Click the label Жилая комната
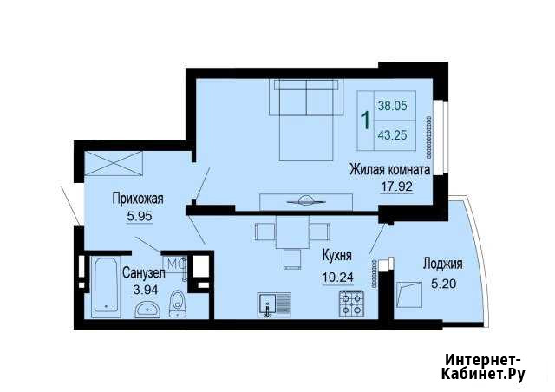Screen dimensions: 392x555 point(390,169)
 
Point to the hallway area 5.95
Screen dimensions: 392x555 point(139,215)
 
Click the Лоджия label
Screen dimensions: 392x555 point(442,265)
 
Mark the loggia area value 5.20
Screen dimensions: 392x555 point(442,280)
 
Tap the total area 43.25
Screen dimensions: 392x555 point(393,135)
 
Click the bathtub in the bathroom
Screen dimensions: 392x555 point(107,285)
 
